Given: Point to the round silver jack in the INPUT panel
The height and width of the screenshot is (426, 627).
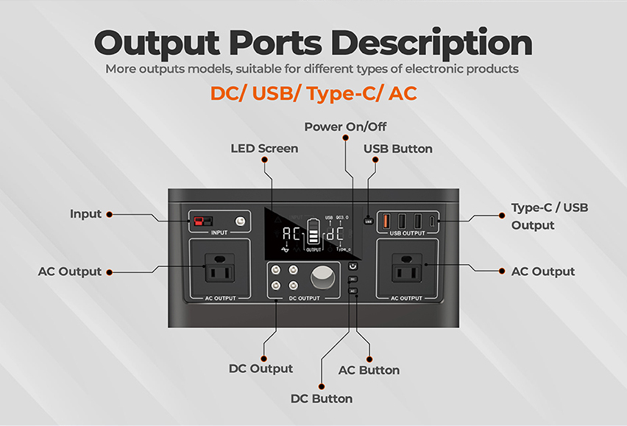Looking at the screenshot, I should point(239,221).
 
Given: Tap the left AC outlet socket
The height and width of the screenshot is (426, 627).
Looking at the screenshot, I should point(220,268).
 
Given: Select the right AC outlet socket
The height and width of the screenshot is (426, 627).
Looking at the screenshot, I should point(406,268).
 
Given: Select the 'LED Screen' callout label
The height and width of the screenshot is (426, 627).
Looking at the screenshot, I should point(264,149).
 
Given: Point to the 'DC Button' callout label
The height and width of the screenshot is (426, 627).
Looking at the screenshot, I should point(321,399).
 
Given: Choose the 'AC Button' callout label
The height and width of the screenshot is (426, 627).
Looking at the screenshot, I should point(369,369).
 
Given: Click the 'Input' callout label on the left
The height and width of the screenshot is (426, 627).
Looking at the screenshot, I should point(85,214).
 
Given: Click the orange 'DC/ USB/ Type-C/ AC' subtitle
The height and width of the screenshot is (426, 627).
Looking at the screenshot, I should point(313,94).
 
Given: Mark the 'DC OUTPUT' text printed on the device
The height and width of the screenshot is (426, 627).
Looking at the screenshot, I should point(304,298).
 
